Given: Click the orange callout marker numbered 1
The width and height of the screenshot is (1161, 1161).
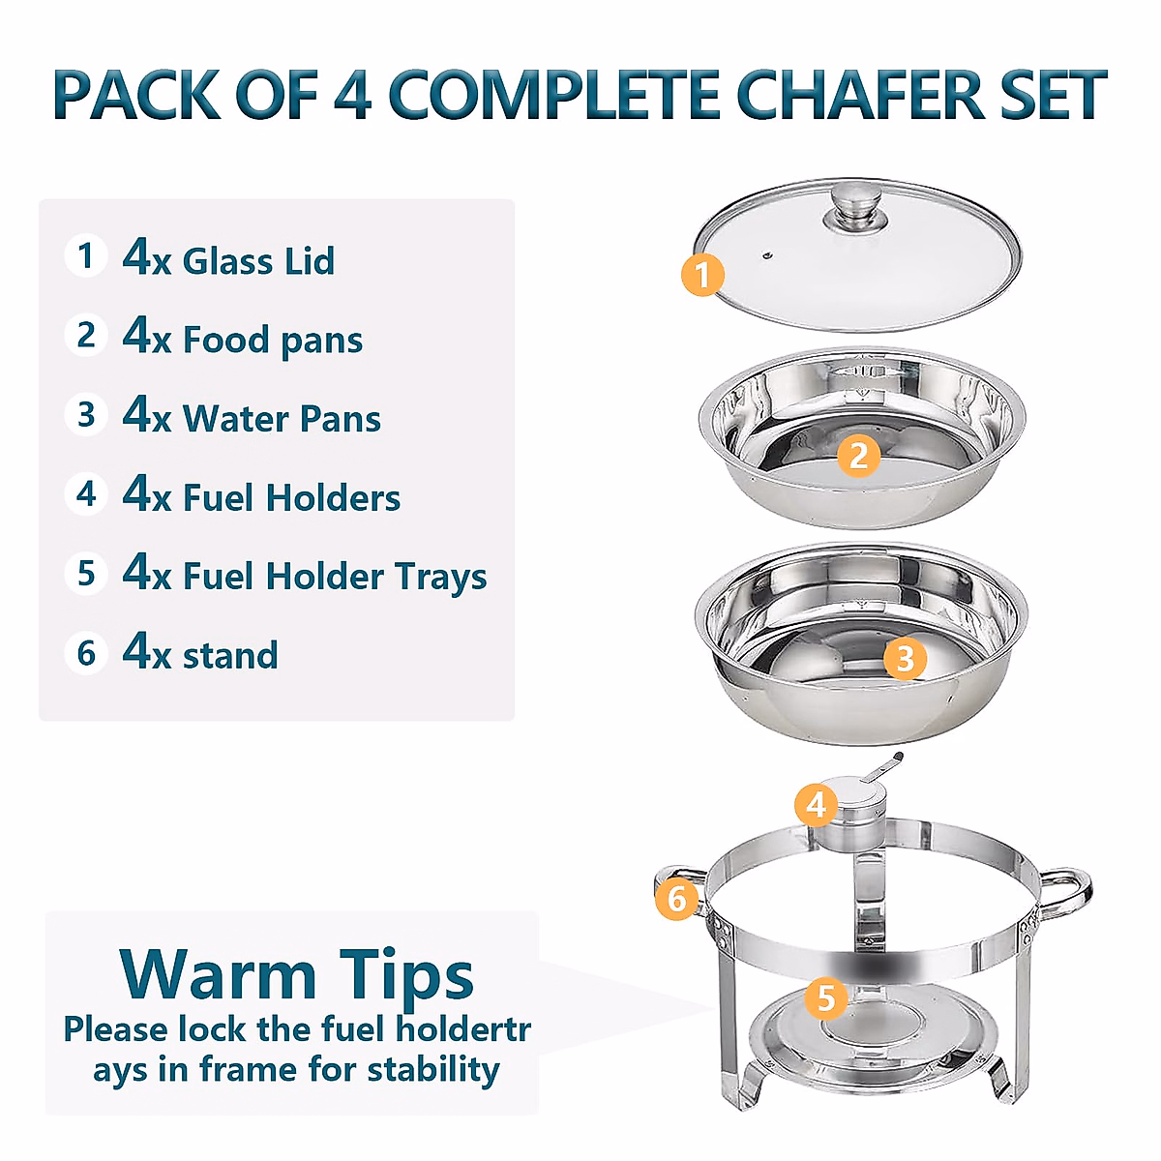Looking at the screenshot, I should pos(702,275).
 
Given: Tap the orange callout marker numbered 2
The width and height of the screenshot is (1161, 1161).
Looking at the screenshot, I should pos(858,456).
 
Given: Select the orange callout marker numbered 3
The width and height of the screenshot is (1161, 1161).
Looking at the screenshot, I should pos(905,659).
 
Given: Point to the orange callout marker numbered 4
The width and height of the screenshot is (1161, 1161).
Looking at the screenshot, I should pos(817,805).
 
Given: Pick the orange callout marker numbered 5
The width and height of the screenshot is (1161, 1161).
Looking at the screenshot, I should pos(825,997).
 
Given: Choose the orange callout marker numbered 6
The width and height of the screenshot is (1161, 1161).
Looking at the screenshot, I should pos(676,899).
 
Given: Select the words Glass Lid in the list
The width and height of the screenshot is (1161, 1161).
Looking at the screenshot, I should pos(258,261).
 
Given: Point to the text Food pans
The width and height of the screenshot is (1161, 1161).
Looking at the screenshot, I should pos(273,341).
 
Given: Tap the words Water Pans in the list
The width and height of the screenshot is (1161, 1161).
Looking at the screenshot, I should pos(282,419).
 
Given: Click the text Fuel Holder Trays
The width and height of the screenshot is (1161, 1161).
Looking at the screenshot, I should pos(335,577).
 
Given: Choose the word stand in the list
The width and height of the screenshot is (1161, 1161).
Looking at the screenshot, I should pos(230,656).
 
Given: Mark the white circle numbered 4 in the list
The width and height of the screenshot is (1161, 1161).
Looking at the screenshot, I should pos(86,493).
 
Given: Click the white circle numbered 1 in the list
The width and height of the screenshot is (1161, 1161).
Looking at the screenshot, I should pos(86,256).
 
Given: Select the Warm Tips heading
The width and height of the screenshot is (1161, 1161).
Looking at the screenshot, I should pos(296,973).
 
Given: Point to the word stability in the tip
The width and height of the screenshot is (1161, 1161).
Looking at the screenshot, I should pos(433,1070).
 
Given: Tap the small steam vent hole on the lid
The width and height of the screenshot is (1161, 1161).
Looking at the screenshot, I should pos(767,256).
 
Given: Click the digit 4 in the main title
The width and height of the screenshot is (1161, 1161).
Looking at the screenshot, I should pos(353,96).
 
